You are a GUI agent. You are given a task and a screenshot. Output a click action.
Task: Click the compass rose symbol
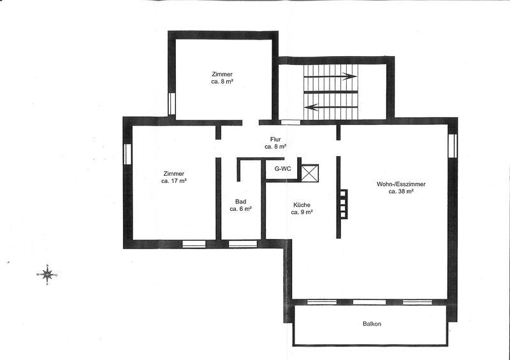(x=47, y=275)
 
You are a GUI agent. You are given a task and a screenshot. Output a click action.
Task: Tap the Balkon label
(x=372, y=324)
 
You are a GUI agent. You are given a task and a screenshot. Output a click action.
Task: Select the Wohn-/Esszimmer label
(x=401, y=184)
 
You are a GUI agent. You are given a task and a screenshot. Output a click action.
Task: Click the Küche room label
(x=302, y=205)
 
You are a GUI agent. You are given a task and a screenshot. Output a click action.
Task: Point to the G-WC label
(x=283, y=169)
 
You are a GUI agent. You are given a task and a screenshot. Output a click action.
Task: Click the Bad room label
(x=241, y=201)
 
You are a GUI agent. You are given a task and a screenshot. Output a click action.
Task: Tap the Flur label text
(x=275, y=140)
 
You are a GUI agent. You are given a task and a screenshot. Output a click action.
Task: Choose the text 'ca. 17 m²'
(x=173, y=181)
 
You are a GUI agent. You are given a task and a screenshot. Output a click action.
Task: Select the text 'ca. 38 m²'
(x=401, y=192)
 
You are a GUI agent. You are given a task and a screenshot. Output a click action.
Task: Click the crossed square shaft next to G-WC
(x=310, y=173)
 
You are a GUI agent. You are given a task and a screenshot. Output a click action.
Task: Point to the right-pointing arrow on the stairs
(x=330, y=76)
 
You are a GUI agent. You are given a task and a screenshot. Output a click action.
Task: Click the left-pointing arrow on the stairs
(x=331, y=107)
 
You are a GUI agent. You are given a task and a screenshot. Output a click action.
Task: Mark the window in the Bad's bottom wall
(x=243, y=244)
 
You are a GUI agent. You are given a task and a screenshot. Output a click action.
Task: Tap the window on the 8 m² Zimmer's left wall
(x=171, y=104)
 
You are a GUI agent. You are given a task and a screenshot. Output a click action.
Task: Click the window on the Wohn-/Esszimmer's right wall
(x=453, y=146)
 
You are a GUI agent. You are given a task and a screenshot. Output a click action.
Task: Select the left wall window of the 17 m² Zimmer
(x=127, y=154)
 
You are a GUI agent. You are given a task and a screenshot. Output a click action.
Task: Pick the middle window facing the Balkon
(x=369, y=302)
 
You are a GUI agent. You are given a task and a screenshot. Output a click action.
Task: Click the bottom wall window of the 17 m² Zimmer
(x=194, y=244)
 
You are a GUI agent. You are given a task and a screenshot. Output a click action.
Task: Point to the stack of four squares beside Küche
(x=344, y=204)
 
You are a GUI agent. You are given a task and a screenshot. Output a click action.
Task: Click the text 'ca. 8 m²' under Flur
(x=275, y=147)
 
